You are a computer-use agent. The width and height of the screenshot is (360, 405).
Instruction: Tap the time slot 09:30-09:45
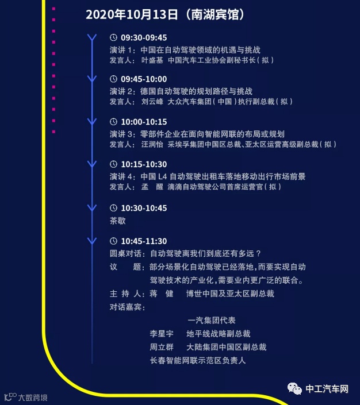(144, 38)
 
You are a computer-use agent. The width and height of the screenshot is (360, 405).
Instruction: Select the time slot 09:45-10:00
(144, 79)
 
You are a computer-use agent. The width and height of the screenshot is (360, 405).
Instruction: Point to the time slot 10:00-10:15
(144, 122)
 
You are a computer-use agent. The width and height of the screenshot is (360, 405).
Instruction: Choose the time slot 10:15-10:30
(144, 164)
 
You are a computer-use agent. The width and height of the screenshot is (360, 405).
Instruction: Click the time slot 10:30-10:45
(144, 208)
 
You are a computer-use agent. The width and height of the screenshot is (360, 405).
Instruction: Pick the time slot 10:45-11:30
(144, 241)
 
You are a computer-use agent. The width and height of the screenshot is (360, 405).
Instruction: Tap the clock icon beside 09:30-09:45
(113, 38)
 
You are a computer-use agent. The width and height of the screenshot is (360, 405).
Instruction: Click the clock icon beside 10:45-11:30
(113, 241)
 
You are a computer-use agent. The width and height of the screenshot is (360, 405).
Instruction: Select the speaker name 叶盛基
(152, 59)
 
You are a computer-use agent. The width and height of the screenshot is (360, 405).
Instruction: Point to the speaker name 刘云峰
(152, 102)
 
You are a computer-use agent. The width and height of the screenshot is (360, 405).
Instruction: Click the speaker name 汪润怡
(152, 144)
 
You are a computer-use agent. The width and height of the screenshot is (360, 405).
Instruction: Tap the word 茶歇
(117, 220)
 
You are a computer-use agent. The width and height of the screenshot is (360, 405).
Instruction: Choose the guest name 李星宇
(160, 333)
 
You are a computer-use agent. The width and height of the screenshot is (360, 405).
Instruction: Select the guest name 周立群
(160, 347)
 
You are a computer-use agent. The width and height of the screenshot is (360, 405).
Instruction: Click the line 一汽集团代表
(211, 320)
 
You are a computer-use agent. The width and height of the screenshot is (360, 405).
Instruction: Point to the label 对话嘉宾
(127, 307)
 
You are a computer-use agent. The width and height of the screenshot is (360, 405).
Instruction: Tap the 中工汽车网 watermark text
(327, 389)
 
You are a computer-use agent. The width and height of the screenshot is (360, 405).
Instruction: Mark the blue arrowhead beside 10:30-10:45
(91, 208)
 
